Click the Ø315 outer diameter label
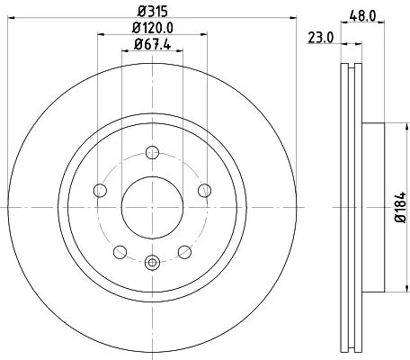pyautogui.click(x=152, y=11)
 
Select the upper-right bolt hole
pyautogui.click(x=204, y=189)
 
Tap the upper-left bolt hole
pyautogui.click(x=99, y=189)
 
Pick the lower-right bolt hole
pyautogui.click(x=184, y=251)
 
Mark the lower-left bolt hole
pyautogui.click(x=120, y=251)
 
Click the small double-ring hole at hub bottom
pyautogui.click(x=151, y=262)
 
